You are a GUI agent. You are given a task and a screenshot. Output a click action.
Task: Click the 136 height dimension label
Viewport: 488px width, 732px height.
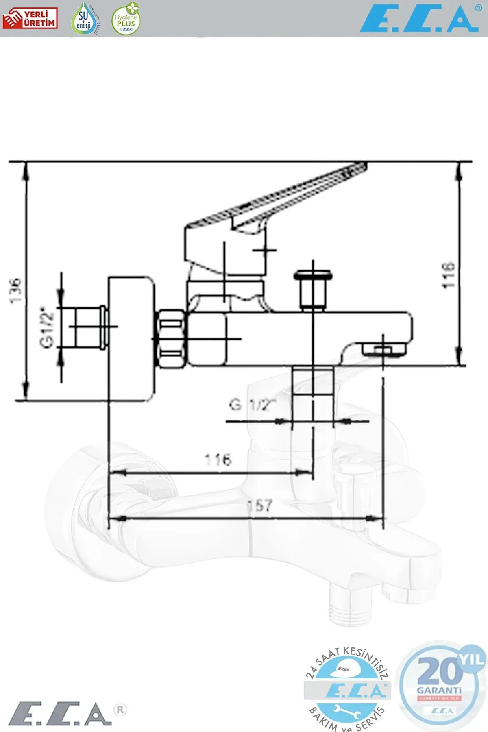coord(15,290)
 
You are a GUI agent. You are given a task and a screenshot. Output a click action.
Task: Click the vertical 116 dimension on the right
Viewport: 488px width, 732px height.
coord(449,275)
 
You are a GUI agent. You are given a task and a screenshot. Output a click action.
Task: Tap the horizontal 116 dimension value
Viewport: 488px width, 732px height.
coord(218,460)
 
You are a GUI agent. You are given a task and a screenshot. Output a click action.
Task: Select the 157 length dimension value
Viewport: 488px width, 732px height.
coord(260,505)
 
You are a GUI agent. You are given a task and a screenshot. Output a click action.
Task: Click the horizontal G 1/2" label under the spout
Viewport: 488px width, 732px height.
coord(252,405)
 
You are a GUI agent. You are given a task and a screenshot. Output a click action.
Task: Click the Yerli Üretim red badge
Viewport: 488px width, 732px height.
coord(30,19)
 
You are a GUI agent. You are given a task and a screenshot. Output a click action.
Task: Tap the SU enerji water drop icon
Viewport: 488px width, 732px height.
coord(84,19)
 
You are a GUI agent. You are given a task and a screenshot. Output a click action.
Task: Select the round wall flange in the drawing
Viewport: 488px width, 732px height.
coord(131,338)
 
